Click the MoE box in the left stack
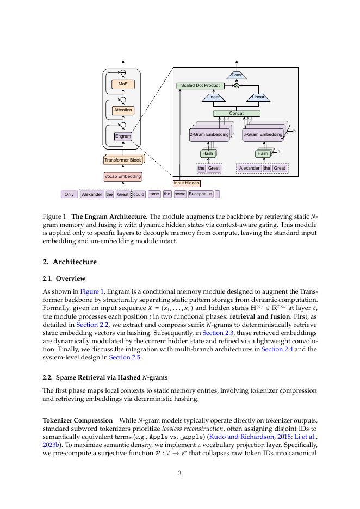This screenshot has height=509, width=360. tap(123, 84)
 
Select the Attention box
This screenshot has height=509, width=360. tap(123, 110)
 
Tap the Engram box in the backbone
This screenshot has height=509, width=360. tap(123, 136)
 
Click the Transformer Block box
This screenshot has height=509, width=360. tap(123, 160)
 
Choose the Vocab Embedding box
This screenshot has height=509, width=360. tap(123, 176)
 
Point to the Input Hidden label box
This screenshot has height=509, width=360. tap(187, 183)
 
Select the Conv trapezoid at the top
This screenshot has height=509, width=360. tap(237, 75)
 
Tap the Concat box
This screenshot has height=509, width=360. tap(237, 114)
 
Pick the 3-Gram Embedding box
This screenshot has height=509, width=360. tap(263, 134)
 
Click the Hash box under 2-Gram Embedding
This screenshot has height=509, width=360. tap(208, 154)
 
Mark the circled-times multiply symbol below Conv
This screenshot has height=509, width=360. tap(237, 86)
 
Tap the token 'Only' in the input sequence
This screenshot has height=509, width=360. tap(69, 194)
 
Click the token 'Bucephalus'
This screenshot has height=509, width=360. tap(201, 194)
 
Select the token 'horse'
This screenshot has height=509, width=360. tap(180, 194)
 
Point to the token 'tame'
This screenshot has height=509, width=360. tap(154, 194)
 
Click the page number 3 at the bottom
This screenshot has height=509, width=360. tap(180, 473)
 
